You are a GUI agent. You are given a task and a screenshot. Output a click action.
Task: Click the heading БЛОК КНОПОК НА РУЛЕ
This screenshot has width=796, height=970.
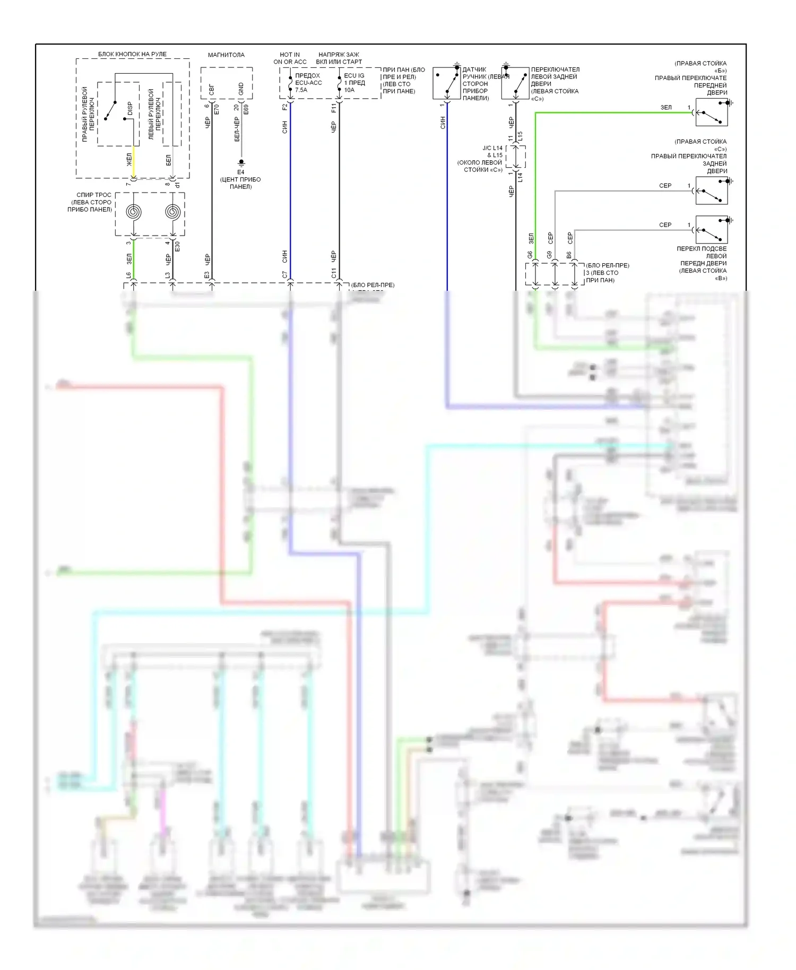[132, 54]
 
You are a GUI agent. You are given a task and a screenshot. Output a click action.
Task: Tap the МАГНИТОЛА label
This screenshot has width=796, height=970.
[226, 55]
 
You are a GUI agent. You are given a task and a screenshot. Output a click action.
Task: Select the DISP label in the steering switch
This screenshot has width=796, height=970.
[130, 108]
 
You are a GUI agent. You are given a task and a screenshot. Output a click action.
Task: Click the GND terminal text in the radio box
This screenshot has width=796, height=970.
[241, 89]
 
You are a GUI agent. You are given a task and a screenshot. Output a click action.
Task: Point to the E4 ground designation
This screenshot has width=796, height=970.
[241, 172]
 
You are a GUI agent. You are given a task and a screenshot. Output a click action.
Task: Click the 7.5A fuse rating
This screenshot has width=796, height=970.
[301, 90]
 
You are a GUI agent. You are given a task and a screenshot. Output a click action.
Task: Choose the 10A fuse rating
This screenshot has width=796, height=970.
[349, 90]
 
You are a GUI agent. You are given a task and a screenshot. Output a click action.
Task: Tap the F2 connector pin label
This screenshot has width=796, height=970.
[284, 107]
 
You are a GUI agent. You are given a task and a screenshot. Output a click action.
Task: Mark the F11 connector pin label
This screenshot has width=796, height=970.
[333, 108]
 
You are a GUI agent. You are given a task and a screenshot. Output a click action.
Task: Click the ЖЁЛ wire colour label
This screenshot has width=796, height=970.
[129, 159]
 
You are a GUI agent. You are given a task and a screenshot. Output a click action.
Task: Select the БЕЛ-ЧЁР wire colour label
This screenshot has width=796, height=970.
[237, 129]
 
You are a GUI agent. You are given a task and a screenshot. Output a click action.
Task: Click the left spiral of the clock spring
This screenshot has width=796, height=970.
[134, 212]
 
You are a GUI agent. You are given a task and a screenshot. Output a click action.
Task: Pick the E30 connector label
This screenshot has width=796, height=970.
[177, 246]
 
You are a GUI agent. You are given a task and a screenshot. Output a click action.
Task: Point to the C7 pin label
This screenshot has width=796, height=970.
[284, 274]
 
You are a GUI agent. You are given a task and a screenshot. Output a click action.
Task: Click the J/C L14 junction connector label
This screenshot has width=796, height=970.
[492, 148]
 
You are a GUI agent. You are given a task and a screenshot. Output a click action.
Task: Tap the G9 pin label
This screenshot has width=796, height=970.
[549, 255]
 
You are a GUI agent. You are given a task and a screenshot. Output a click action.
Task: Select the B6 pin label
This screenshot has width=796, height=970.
[569, 255]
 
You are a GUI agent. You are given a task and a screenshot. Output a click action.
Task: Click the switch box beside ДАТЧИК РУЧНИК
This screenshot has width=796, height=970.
[446, 83]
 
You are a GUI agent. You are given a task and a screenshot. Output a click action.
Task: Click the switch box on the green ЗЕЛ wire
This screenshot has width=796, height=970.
[711, 112]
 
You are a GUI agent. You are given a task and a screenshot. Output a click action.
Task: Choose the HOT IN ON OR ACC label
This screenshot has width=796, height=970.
[290, 58]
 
